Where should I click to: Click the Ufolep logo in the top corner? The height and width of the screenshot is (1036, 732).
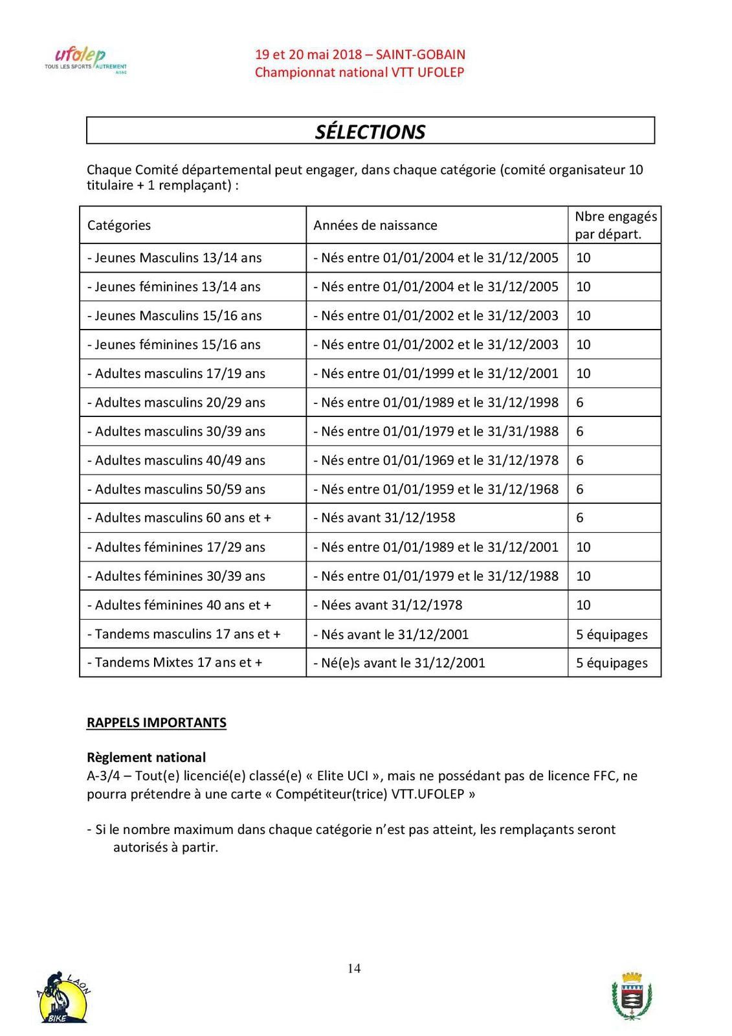[x=85, y=61]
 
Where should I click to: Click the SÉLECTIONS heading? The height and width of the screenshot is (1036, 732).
[x=370, y=131]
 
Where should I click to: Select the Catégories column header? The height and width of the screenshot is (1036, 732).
[x=119, y=225]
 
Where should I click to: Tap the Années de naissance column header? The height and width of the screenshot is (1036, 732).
[x=375, y=225]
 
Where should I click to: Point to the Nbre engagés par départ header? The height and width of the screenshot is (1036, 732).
[x=616, y=225]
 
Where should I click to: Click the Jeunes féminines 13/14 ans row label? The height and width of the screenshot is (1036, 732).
[x=174, y=287]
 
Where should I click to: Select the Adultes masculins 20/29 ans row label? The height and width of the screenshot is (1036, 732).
[x=177, y=402]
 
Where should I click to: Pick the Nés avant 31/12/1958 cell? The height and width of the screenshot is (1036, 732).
[x=384, y=517]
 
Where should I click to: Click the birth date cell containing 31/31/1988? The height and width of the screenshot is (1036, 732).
[x=436, y=431]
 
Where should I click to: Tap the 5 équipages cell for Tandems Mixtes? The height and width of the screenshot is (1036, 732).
[x=612, y=662]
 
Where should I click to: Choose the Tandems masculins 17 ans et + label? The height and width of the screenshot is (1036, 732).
[x=184, y=634]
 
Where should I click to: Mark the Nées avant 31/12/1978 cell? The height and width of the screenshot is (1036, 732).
[x=388, y=605]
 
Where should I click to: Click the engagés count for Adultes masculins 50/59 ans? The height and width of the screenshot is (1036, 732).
[x=580, y=489]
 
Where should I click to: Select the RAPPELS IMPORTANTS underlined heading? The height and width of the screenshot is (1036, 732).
[x=157, y=723]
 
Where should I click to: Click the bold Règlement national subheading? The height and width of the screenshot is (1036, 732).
[x=146, y=758]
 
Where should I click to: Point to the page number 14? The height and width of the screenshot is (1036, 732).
[x=354, y=969]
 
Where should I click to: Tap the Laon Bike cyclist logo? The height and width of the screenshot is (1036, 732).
[x=63, y=998]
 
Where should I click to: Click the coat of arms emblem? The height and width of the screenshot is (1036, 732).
[x=631, y=997]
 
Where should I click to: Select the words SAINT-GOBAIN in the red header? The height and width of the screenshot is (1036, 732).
[x=420, y=54]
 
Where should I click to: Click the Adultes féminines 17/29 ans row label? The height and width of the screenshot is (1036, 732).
[x=177, y=547]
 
